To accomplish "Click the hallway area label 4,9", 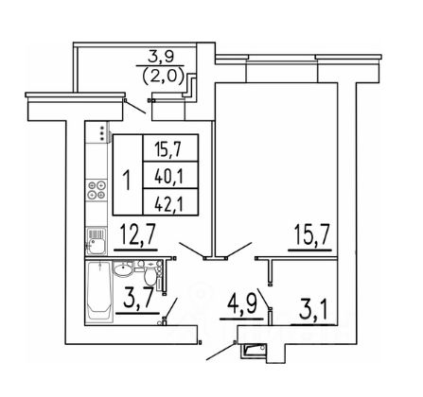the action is [x=242, y=304].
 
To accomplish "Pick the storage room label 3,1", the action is [x=313, y=310].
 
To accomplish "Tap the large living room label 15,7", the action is [x=311, y=234].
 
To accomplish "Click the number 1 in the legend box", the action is [x=128, y=181].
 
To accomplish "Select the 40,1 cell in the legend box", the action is [x=170, y=176].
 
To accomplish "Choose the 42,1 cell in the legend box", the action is [x=170, y=202].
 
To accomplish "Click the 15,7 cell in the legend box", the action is [x=170, y=148].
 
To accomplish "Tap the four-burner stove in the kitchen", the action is [x=97, y=190].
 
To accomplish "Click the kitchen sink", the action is [x=96, y=241].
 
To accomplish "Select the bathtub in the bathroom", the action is [x=99, y=291].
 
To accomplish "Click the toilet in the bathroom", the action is [x=150, y=272].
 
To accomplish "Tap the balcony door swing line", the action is [x=135, y=107].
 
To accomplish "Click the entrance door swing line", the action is [x=220, y=351].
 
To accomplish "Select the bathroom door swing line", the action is [x=170, y=308].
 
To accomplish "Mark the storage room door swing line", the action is [x=263, y=298].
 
